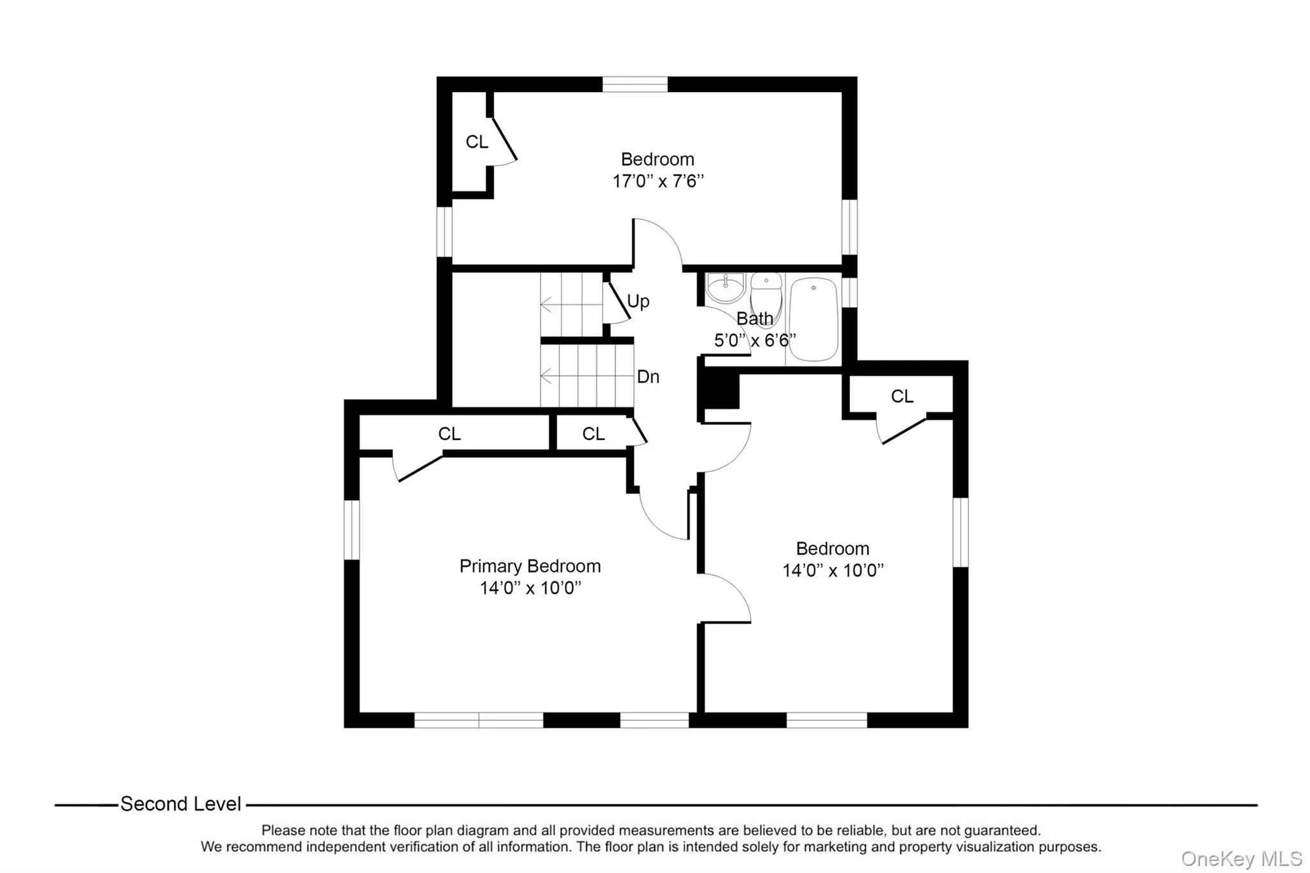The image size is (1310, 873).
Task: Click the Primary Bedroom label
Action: click(x=530, y=566)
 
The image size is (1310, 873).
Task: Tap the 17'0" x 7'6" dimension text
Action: click(x=658, y=181)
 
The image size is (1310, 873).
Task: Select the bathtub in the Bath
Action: click(x=814, y=319)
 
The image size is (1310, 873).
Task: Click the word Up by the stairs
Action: click(x=638, y=301)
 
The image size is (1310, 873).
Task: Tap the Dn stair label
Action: click(x=648, y=377)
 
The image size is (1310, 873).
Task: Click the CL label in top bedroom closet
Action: click(x=477, y=142)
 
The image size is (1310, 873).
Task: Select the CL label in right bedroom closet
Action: click(x=902, y=397)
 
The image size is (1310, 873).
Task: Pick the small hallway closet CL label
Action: click(x=593, y=434)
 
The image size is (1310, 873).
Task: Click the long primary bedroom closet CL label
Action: click(x=449, y=434)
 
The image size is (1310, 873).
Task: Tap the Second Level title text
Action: click(x=180, y=804)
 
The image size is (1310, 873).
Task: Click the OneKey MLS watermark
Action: click(x=1241, y=858)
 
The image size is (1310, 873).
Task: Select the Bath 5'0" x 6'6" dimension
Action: click(x=755, y=340)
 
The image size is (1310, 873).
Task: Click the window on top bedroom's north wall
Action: click(x=635, y=84)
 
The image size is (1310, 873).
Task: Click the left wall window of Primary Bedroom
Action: click(x=352, y=530)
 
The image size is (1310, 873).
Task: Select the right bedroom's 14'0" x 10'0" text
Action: click(x=832, y=570)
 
